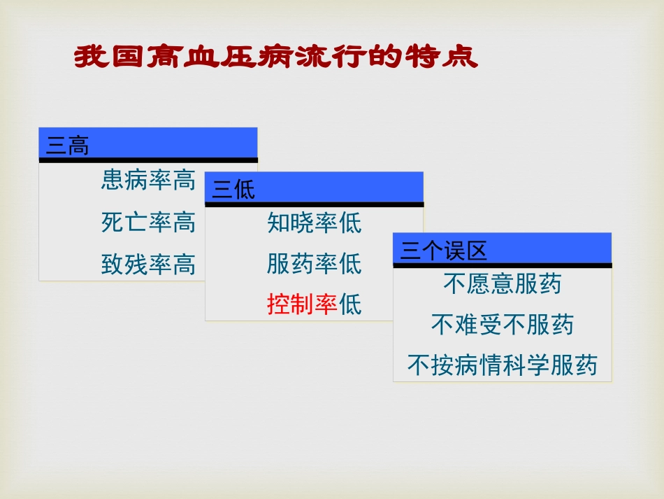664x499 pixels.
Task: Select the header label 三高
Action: pos(67,146)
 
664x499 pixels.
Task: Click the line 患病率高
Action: pos(148,181)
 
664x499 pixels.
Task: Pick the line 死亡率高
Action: pos(148,223)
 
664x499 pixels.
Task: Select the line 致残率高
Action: pos(148,265)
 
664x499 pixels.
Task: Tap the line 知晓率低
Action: pos(315,223)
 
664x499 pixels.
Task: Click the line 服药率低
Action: pos(315,264)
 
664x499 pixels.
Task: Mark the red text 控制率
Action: pos(302,305)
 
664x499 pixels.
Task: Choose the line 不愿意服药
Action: pos(503,283)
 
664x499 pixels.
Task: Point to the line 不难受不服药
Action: pos(503,325)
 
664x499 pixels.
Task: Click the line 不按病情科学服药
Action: pos(503,365)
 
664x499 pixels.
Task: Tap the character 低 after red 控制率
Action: pos(351,305)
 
